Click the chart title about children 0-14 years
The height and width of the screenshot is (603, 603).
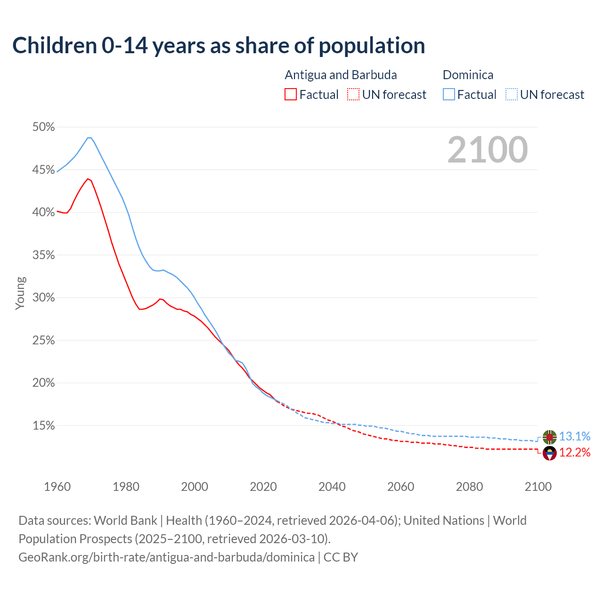(x=219, y=46)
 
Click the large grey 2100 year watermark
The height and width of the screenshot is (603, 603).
(x=488, y=150)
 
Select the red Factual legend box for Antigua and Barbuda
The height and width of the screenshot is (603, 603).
(x=291, y=95)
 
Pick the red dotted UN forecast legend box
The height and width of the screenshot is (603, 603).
(x=353, y=95)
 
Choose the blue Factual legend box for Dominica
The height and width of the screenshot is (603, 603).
(x=449, y=95)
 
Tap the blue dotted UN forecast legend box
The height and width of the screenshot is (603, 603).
(x=512, y=95)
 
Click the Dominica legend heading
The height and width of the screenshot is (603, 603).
(x=468, y=75)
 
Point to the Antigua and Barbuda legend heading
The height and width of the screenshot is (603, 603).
(x=341, y=75)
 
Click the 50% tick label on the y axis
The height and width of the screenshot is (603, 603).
(x=44, y=127)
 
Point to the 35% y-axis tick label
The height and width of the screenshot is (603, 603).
(x=44, y=255)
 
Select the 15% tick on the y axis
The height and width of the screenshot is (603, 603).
(x=44, y=426)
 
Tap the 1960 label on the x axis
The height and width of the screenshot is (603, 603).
(x=57, y=487)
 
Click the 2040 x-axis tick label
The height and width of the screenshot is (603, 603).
(x=332, y=487)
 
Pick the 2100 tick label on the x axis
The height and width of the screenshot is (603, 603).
(x=538, y=487)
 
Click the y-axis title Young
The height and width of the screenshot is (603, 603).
(x=20, y=293)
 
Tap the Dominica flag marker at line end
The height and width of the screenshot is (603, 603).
(x=550, y=437)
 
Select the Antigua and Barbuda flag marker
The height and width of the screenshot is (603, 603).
(x=550, y=453)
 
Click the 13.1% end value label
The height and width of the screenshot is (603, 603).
(x=575, y=437)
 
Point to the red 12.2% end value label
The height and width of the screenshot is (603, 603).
(x=575, y=453)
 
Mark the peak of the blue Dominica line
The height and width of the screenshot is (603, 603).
(x=89, y=138)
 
